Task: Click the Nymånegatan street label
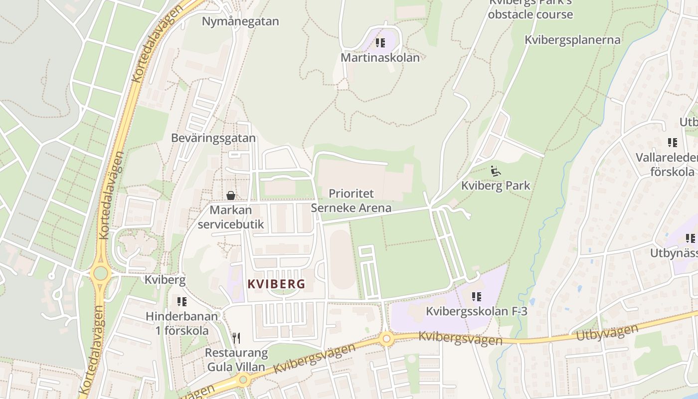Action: (x=240, y=21)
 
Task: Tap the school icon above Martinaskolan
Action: (x=380, y=43)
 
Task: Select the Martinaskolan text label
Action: (x=380, y=57)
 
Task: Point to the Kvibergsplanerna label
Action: (x=572, y=40)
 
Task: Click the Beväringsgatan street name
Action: (x=213, y=138)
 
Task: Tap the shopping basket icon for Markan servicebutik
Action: (x=231, y=196)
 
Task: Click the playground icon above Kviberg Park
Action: (x=495, y=171)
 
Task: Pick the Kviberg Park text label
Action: (x=496, y=186)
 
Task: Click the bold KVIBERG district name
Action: (x=276, y=284)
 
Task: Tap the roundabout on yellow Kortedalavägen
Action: (x=101, y=273)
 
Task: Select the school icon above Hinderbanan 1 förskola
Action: (x=182, y=302)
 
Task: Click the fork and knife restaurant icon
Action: (x=236, y=338)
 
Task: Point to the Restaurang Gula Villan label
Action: (x=236, y=360)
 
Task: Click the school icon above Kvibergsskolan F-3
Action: (x=477, y=297)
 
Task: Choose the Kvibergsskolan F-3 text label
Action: (x=476, y=312)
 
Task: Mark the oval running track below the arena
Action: (x=343, y=259)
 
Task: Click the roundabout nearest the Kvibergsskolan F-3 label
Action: (x=387, y=339)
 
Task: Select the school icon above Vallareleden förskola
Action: (x=673, y=143)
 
